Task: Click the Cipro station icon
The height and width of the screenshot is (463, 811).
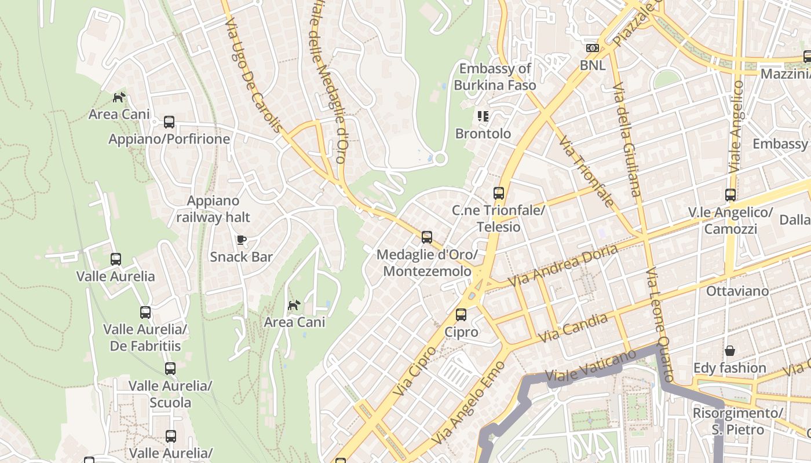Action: tap(461, 315)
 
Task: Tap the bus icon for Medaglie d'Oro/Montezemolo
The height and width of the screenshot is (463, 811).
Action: tap(427, 237)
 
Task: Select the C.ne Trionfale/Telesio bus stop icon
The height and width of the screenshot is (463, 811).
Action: tap(499, 193)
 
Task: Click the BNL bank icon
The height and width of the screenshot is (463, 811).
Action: tap(592, 48)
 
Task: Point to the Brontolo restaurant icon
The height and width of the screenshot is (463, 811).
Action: tap(483, 116)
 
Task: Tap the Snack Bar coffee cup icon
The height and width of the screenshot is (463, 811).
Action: tap(242, 240)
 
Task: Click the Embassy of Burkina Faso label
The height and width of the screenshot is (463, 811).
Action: tap(495, 77)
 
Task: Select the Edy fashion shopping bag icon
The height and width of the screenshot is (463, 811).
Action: tap(730, 351)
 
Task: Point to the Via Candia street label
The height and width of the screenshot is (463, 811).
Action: tap(573, 328)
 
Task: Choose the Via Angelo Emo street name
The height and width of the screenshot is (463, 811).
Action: tap(469, 403)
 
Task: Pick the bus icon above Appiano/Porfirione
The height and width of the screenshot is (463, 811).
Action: tap(169, 122)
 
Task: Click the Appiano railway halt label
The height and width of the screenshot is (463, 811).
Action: tap(213, 209)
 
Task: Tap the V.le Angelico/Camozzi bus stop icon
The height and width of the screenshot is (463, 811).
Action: tap(730, 195)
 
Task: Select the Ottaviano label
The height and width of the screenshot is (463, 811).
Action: tap(737, 291)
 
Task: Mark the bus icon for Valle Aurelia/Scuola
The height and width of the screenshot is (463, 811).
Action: tap(170, 369)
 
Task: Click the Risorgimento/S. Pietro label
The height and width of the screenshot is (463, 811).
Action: tap(738, 421)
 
